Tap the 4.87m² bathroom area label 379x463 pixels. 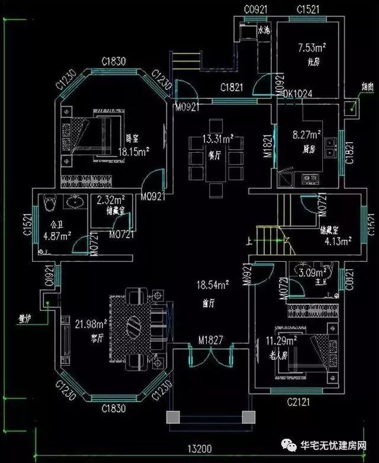57,235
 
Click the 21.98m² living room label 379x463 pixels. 91,323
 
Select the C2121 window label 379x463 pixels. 299,403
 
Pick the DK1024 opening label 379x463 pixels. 298,94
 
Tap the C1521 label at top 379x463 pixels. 307,10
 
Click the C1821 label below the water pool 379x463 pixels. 232,88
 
